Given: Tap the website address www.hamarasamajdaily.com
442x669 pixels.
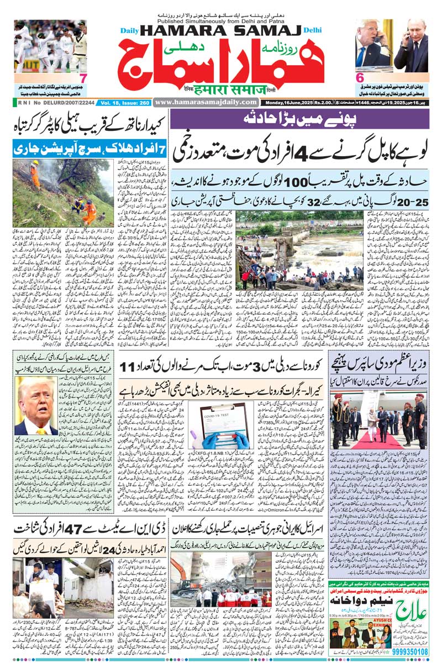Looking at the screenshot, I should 206,102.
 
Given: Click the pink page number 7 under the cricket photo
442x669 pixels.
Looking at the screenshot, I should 82,79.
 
